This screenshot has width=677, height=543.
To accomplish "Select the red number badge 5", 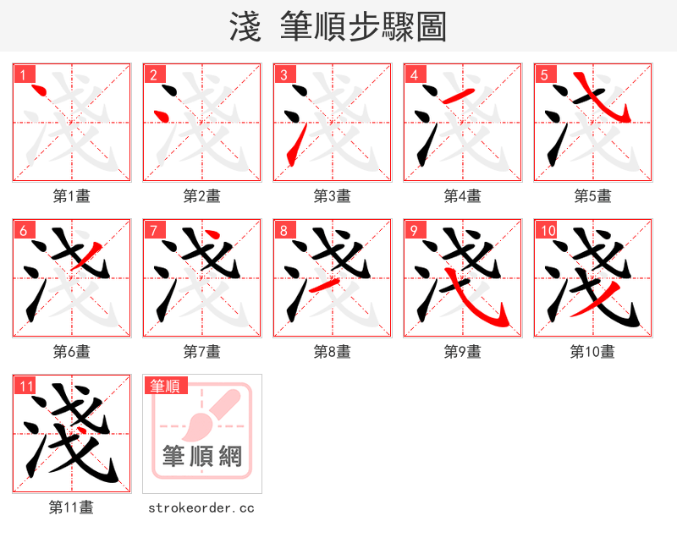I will tap(544, 74).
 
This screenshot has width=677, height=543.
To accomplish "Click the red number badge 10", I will tap(547, 230).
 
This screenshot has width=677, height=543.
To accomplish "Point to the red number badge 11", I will tap(25, 386).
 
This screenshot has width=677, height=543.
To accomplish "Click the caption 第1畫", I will tap(72, 195).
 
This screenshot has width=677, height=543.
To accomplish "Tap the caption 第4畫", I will tap(463, 195).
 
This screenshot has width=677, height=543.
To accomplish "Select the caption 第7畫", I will tap(202, 351).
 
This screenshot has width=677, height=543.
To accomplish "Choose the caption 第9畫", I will tap(463, 351).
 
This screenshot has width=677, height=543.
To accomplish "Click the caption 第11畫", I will tap(72, 507).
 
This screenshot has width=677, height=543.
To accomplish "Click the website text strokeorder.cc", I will tap(201, 507).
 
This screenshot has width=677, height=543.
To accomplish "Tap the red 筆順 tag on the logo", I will tap(164, 386).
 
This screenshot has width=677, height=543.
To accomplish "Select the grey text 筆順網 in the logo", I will tap(202, 456).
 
